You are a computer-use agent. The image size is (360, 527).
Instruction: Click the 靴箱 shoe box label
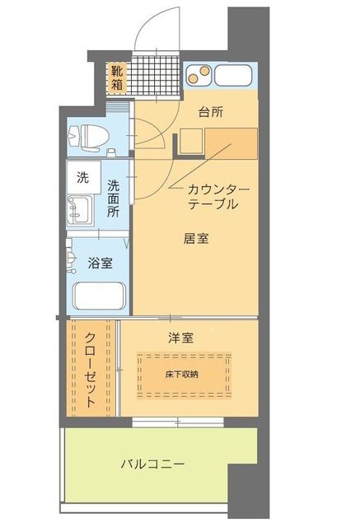[x=119, y=77]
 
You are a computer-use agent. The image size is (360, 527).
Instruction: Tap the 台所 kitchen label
[x=211, y=112]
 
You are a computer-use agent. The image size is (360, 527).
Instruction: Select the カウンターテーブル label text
[x=213, y=196]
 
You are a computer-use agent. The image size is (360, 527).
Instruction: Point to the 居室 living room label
[x=195, y=239]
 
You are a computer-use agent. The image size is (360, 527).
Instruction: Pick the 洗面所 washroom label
[x=115, y=197]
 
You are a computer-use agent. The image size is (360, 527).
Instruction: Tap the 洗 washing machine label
[x=83, y=176]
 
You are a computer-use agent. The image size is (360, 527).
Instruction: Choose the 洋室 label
[x=180, y=338]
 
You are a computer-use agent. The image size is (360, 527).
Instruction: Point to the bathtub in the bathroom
[x=98, y=296]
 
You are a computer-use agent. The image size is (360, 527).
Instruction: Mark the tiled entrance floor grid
[x=156, y=75]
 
